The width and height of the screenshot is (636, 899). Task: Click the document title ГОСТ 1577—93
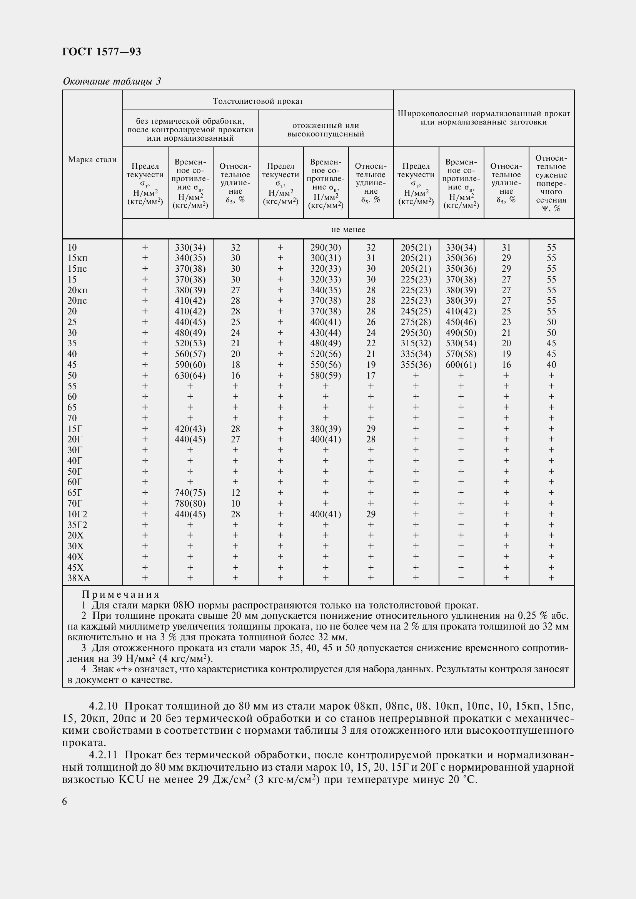pos(102,52)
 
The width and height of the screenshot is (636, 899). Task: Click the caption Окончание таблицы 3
pos(112,81)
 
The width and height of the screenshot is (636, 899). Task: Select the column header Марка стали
pos(92,160)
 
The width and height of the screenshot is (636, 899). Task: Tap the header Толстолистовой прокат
pos(258,101)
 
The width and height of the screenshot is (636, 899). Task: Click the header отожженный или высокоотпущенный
pos(326,130)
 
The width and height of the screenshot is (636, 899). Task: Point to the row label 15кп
pos(78,258)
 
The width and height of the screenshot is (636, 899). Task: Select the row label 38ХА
pos(79,578)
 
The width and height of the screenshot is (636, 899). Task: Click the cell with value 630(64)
pos(190,376)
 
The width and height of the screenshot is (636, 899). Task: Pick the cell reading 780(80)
pos(190,504)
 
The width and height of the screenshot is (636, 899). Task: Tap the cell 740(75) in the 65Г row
pos(190,493)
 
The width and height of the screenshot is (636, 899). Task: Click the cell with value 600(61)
pos(461,365)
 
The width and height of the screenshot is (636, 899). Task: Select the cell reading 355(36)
pos(416,365)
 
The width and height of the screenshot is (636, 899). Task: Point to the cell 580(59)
pos(326,376)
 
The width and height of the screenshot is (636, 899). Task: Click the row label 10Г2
pos(77,514)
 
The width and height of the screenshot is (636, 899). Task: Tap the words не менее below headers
pos(348,230)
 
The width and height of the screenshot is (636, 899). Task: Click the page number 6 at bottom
pos(65,802)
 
